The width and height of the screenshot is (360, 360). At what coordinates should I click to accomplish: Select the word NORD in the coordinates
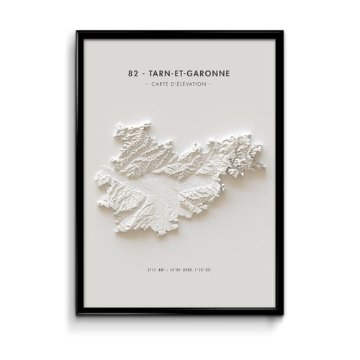coord(186,271)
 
